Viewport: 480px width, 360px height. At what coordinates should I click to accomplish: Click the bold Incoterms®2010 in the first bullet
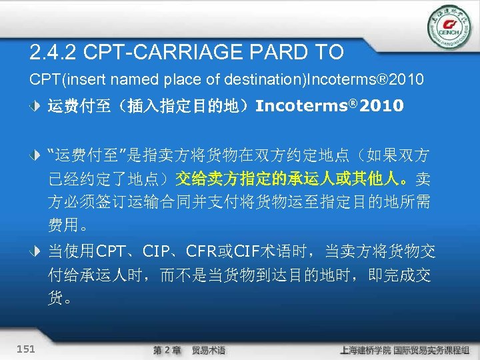(x=329, y=105)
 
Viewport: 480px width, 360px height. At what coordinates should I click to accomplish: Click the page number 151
(x=27, y=349)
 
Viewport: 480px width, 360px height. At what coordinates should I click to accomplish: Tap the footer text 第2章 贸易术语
(x=189, y=350)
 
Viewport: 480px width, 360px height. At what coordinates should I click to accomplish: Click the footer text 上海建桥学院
(x=363, y=350)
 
